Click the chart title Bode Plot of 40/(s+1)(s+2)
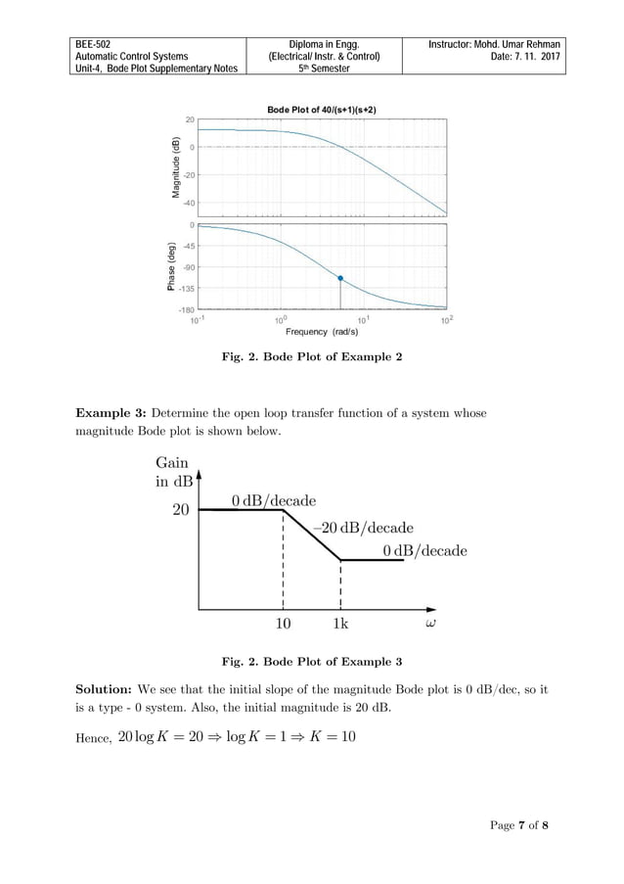tap(322, 109)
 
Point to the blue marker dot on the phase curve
tap(340, 278)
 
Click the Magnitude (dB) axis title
tap(176, 165)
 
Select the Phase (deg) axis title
tap(171, 266)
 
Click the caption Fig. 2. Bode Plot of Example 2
tap(311, 357)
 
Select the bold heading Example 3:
tap(111, 412)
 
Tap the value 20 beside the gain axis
tap(181, 509)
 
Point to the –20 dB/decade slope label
tap(363, 527)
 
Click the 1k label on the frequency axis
tap(341, 624)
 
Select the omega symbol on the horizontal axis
tap(430, 623)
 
